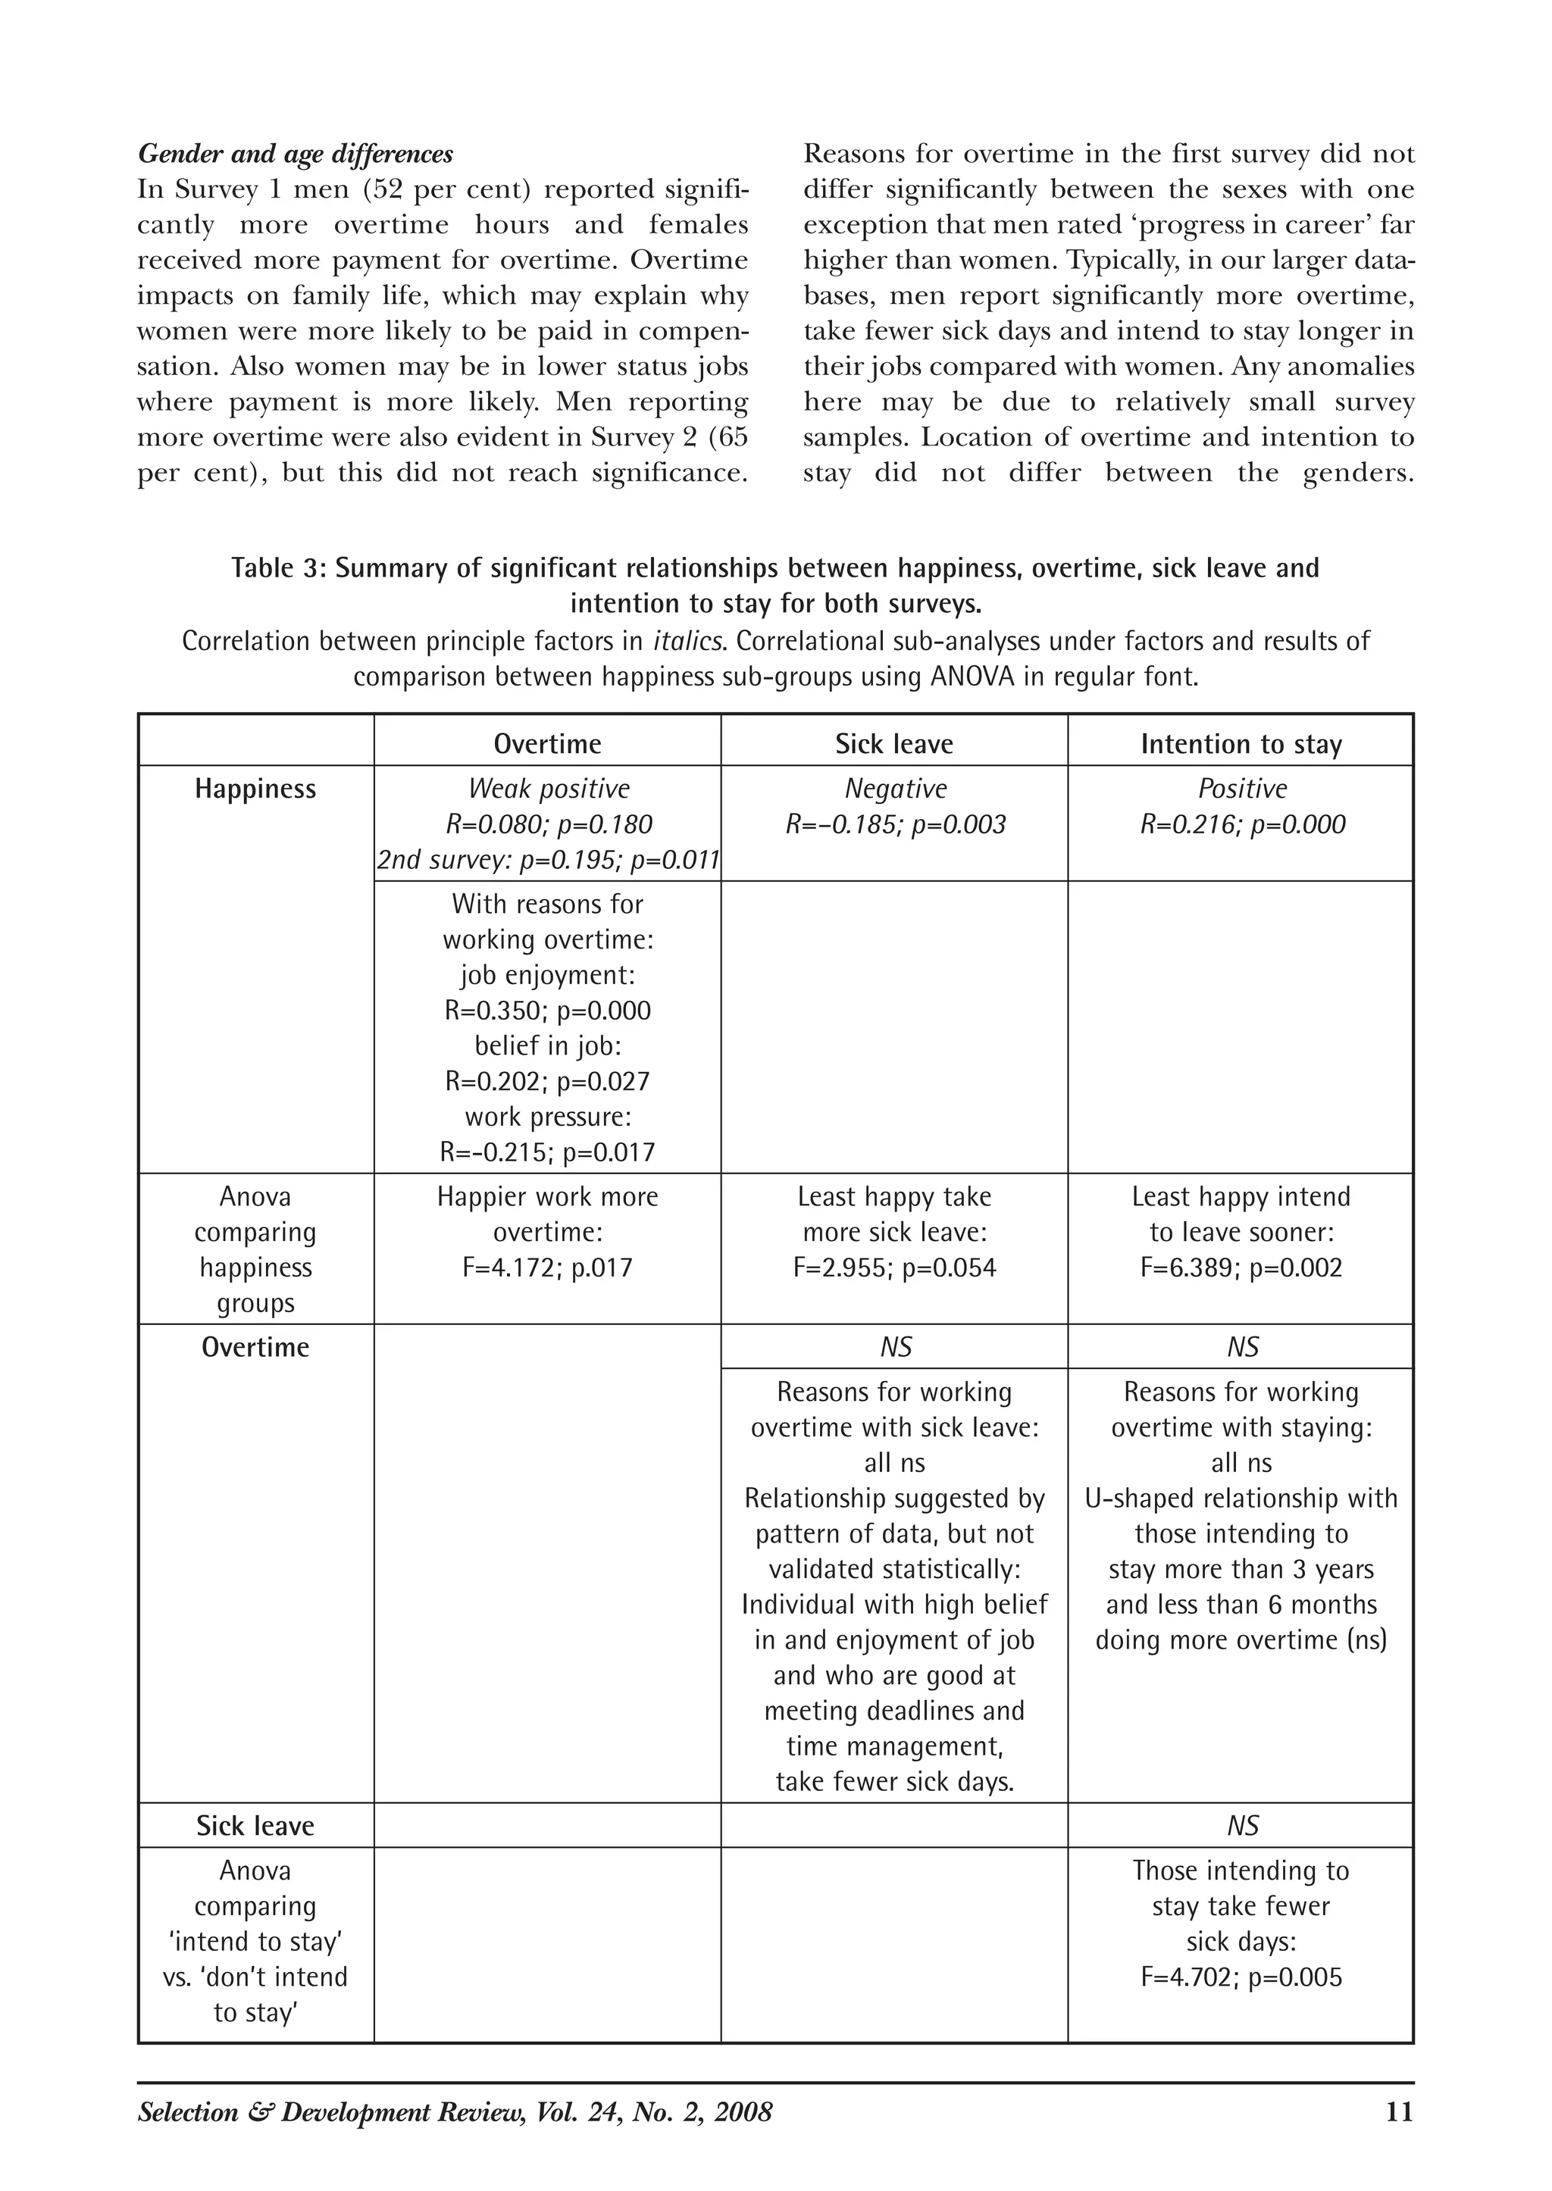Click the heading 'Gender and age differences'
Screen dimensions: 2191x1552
[x=296, y=154]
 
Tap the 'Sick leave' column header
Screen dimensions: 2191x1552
[x=893, y=744]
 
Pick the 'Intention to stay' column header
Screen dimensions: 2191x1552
[x=1241, y=744]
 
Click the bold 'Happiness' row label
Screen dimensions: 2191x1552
[x=255, y=789]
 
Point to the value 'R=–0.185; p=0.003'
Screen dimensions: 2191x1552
[x=896, y=824]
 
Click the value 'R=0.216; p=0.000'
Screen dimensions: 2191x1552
[x=1241, y=824]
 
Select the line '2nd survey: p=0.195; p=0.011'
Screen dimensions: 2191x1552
[x=548, y=860]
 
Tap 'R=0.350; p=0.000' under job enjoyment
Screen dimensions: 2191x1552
[x=548, y=1011]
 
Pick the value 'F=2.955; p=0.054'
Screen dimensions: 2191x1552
[x=894, y=1268]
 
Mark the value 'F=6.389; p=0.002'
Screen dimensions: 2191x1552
[x=1241, y=1268]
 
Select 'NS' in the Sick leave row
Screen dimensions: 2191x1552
[x=1241, y=1827]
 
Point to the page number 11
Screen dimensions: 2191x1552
[x=1398, y=2111]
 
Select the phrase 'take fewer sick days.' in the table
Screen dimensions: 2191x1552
[x=893, y=1782]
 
